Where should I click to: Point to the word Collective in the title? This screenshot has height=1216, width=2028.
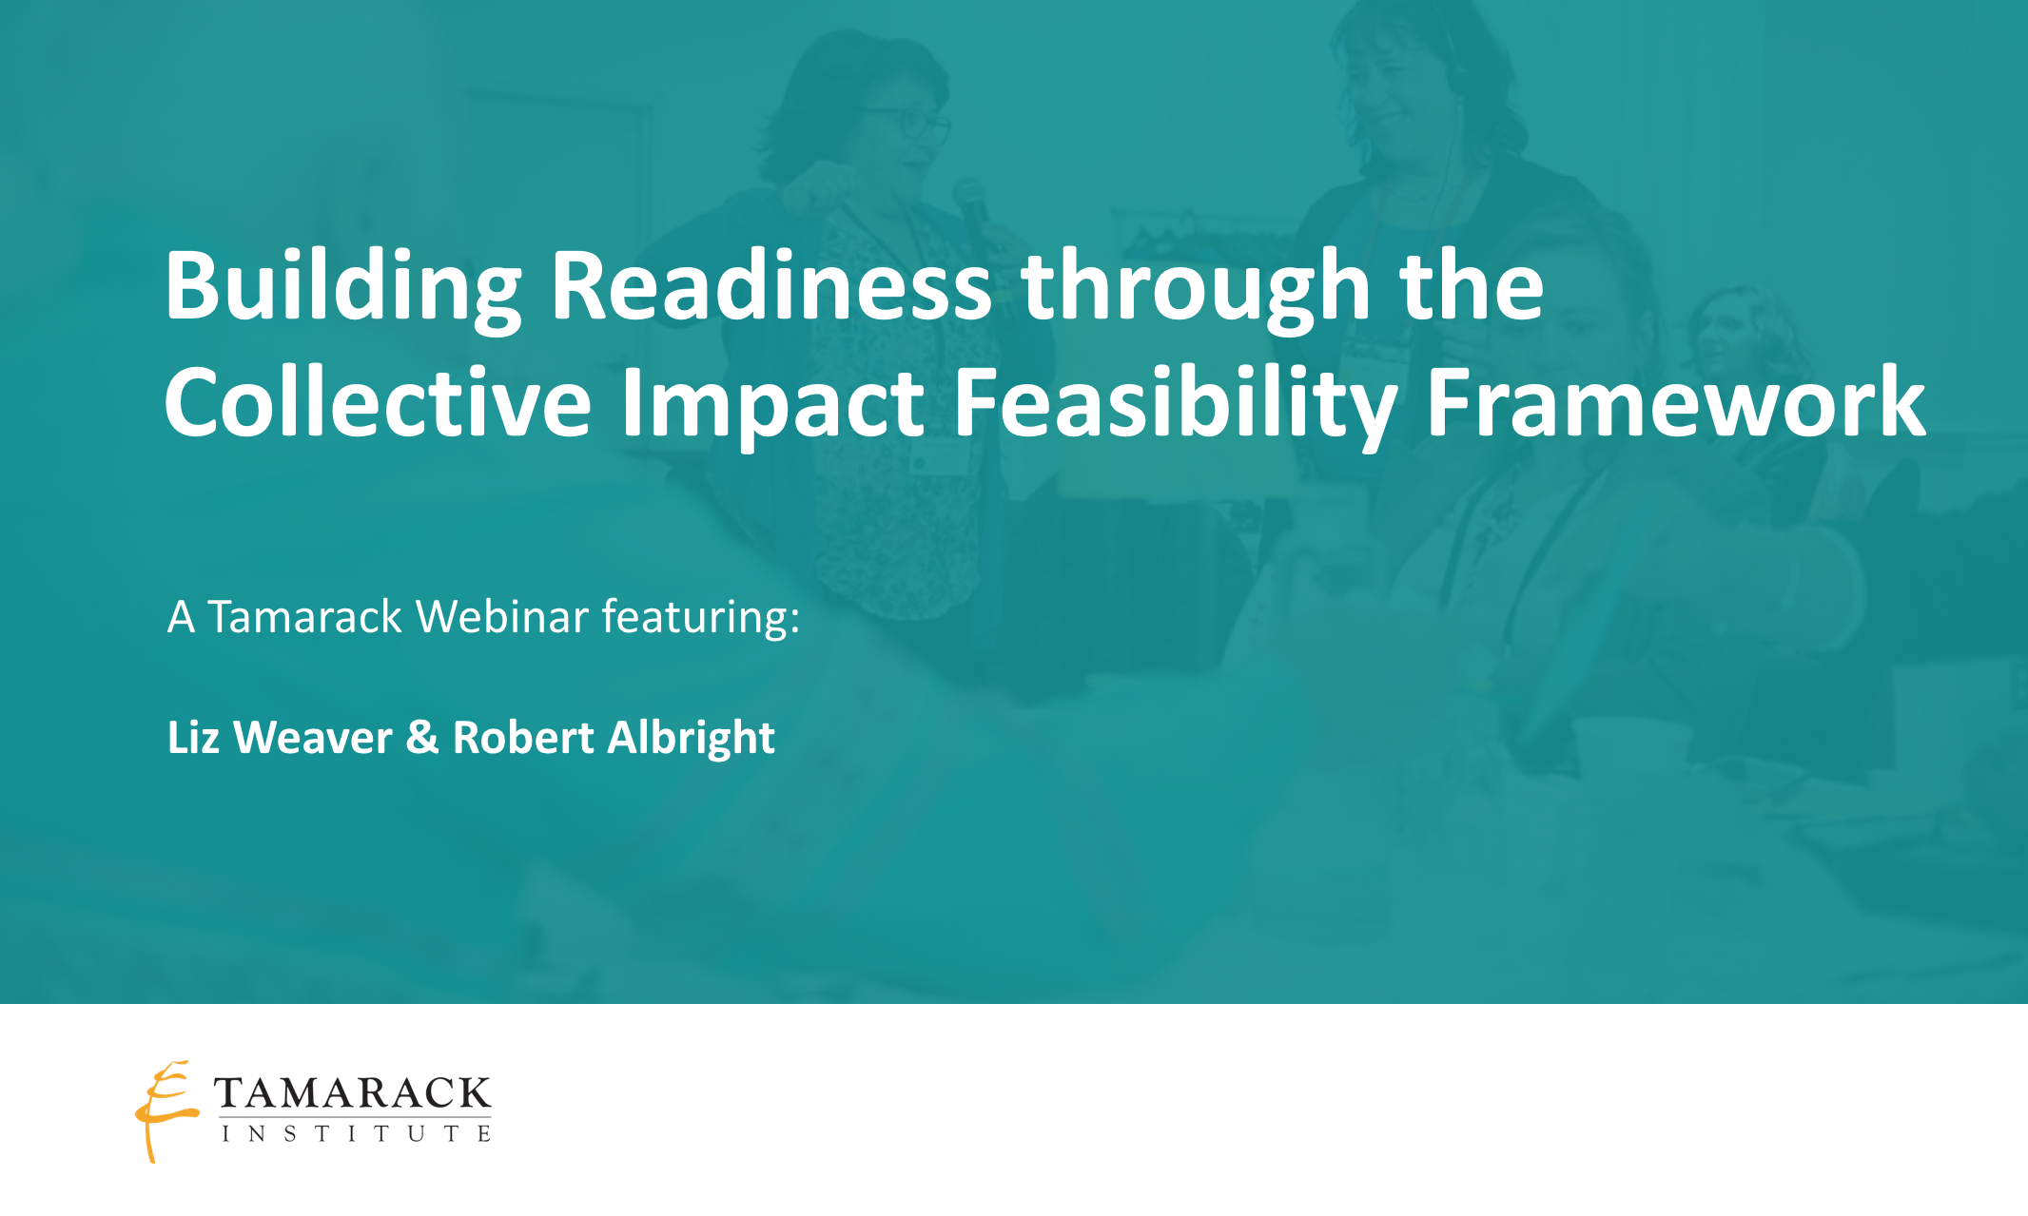pos(378,403)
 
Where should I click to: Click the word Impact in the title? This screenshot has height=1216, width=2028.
pos(771,403)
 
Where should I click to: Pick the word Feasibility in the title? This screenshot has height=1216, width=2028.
pos(1174,403)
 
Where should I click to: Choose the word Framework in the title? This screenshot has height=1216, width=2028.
pos(1675,403)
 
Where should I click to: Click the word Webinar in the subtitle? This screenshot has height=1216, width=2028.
pos(502,617)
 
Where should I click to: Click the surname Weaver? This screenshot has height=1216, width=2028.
pos(313,738)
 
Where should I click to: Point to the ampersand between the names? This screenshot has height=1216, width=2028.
pos(422,738)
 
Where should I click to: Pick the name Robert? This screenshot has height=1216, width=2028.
pos(523,738)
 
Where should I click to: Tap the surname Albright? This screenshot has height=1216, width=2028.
pos(692,738)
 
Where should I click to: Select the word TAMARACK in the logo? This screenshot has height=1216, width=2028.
pos(352,1094)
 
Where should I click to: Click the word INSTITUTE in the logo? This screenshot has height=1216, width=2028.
pos(356,1133)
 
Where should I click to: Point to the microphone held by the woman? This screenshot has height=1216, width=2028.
pos(972,204)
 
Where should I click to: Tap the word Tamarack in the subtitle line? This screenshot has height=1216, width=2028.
pos(304,617)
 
